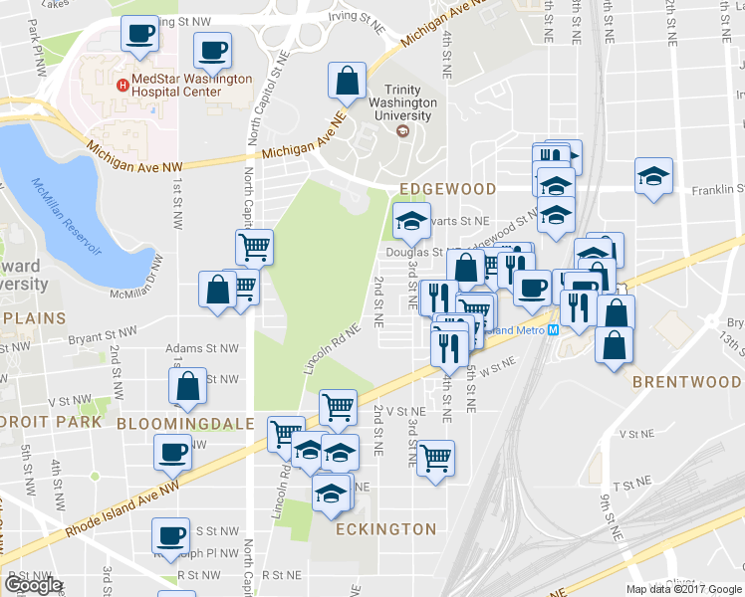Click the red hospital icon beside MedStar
(x=123, y=85)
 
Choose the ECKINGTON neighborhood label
(x=385, y=529)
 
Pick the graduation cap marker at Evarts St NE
(x=408, y=223)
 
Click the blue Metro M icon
(x=553, y=330)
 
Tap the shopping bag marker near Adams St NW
(x=188, y=387)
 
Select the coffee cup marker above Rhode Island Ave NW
(x=172, y=453)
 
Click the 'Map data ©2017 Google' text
(x=684, y=588)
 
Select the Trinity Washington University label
(x=402, y=102)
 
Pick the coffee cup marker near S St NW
(x=169, y=535)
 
